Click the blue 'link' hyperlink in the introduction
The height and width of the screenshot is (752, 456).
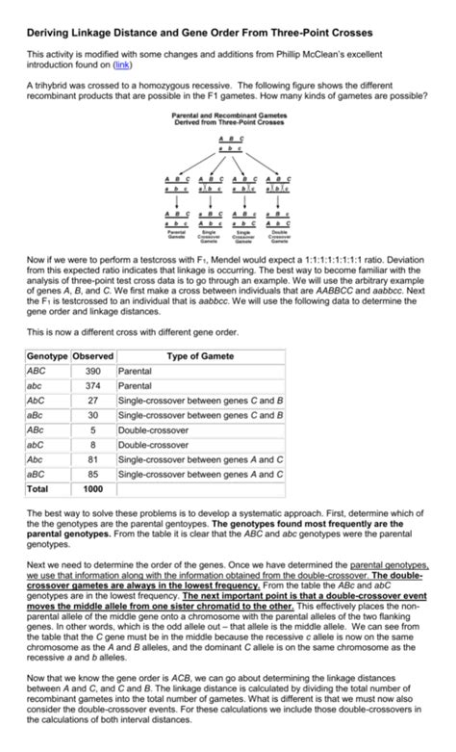(122, 66)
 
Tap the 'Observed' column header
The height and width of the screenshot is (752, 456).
(93, 355)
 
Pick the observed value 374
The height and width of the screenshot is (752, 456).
(93, 385)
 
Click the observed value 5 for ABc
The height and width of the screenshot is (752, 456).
(93, 429)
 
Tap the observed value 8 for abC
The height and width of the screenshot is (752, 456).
(93, 445)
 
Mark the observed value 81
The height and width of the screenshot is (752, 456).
(93, 459)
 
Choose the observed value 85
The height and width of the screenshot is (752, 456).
(93, 474)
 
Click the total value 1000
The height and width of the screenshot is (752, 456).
(93, 488)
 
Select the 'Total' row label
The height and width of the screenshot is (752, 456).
(40, 488)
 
